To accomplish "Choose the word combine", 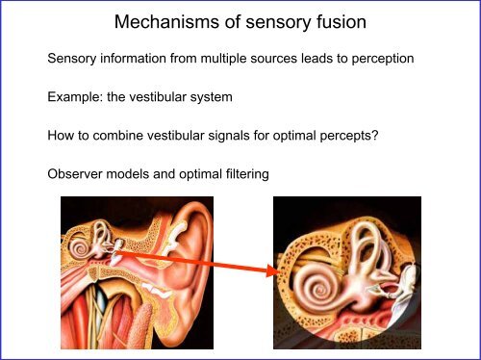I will pyautogui.click(x=120, y=136).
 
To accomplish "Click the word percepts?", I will pyautogui.click(x=351, y=136).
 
